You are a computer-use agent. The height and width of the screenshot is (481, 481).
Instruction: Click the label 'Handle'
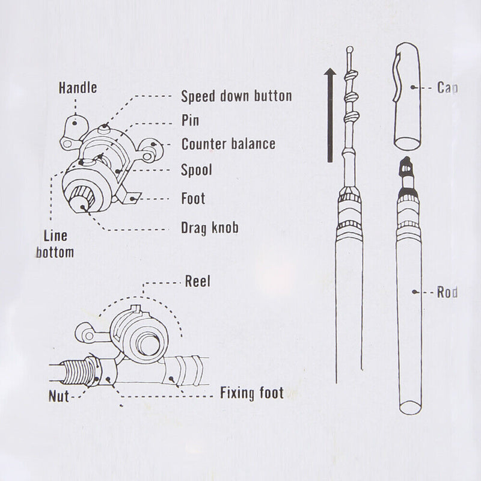point(77,88)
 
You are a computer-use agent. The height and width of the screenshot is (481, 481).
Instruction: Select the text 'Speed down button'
point(236,96)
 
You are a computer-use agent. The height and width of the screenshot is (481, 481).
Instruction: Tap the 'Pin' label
point(190,120)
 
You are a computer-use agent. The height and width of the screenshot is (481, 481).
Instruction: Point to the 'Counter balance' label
point(228,144)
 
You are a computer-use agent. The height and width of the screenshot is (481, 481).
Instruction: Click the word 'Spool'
point(197,171)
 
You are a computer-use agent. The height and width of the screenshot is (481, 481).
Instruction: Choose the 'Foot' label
point(193,198)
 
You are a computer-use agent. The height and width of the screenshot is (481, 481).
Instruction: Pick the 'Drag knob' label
point(210,227)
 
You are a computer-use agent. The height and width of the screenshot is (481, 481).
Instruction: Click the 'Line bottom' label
point(55,244)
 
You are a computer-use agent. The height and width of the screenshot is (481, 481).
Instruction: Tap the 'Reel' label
point(198,281)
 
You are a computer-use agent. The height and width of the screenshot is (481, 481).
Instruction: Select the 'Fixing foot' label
point(251,394)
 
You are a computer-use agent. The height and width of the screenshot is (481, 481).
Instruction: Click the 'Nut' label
point(59,396)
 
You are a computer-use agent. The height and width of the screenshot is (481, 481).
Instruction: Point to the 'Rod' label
point(447,293)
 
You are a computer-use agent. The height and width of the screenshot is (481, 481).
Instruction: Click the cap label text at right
point(447,88)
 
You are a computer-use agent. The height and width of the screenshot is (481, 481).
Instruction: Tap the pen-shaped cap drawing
point(409,96)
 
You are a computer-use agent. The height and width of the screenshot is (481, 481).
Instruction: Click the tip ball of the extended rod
point(350,49)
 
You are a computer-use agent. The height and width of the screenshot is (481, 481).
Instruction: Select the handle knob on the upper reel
point(74,123)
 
